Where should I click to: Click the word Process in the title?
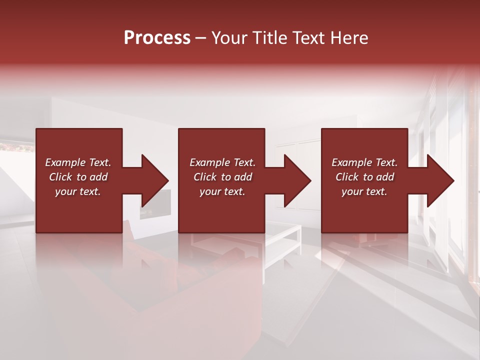(x=157, y=38)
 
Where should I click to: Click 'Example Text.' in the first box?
(x=78, y=162)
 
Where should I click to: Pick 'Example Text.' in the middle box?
(x=222, y=162)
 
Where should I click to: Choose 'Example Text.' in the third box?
(x=364, y=162)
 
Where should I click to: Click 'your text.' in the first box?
(x=78, y=191)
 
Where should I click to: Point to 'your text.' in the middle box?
(x=222, y=191)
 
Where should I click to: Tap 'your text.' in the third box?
(x=364, y=191)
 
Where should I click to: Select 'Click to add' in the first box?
(x=78, y=177)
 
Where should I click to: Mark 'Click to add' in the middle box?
(x=222, y=177)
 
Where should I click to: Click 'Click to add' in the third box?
(x=364, y=177)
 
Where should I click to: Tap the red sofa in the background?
(x=200, y=290)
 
